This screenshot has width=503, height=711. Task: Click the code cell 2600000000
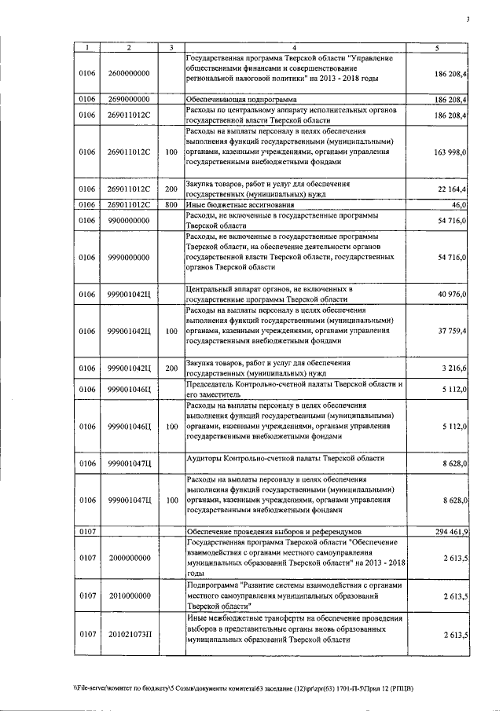tap(129, 74)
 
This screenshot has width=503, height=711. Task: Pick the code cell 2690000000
tap(129, 100)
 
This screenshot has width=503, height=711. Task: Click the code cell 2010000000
tap(129, 597)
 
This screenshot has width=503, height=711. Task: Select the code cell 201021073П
tap(129, 634)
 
